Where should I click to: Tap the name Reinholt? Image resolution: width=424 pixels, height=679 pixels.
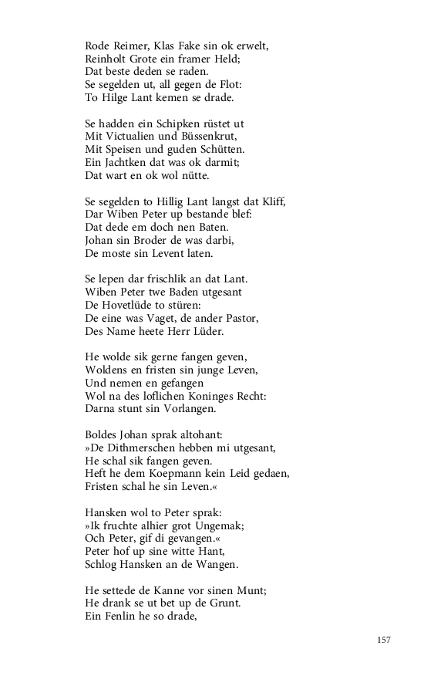coord(109,60)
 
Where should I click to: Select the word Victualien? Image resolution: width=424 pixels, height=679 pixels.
coord(139,136)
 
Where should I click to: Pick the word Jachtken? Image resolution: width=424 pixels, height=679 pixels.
coord(127,162)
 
